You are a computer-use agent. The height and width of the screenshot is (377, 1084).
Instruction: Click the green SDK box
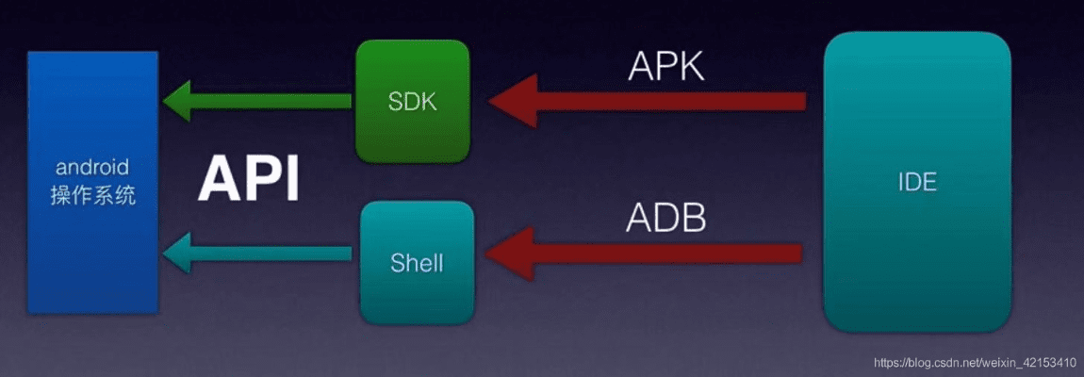(413, 101)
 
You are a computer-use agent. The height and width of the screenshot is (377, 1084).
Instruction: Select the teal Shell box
(416, 261)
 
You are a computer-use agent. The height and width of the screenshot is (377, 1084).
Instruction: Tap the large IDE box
(917, 181)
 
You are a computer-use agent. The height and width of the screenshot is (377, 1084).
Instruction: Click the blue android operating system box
(92, 181)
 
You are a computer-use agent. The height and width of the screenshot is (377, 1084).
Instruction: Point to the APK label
(666, 67)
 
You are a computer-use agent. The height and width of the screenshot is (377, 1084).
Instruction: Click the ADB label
(665, 218)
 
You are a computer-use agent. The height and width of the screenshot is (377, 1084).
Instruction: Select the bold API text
(248, 179)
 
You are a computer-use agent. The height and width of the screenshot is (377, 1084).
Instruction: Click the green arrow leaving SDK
(259, 101)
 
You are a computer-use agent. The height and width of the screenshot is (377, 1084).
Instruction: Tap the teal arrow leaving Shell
(259, 253)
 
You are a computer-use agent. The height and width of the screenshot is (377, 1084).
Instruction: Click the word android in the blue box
(92, 168)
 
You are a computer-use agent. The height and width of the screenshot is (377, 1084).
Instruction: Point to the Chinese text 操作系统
(92, 195)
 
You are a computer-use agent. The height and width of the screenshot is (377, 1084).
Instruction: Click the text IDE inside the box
(917, 182)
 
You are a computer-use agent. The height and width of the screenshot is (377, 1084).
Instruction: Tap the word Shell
(416, 262)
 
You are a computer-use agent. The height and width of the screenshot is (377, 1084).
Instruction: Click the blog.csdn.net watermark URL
(975, 362)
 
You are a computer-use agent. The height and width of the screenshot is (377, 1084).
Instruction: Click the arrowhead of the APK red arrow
(514, 101)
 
